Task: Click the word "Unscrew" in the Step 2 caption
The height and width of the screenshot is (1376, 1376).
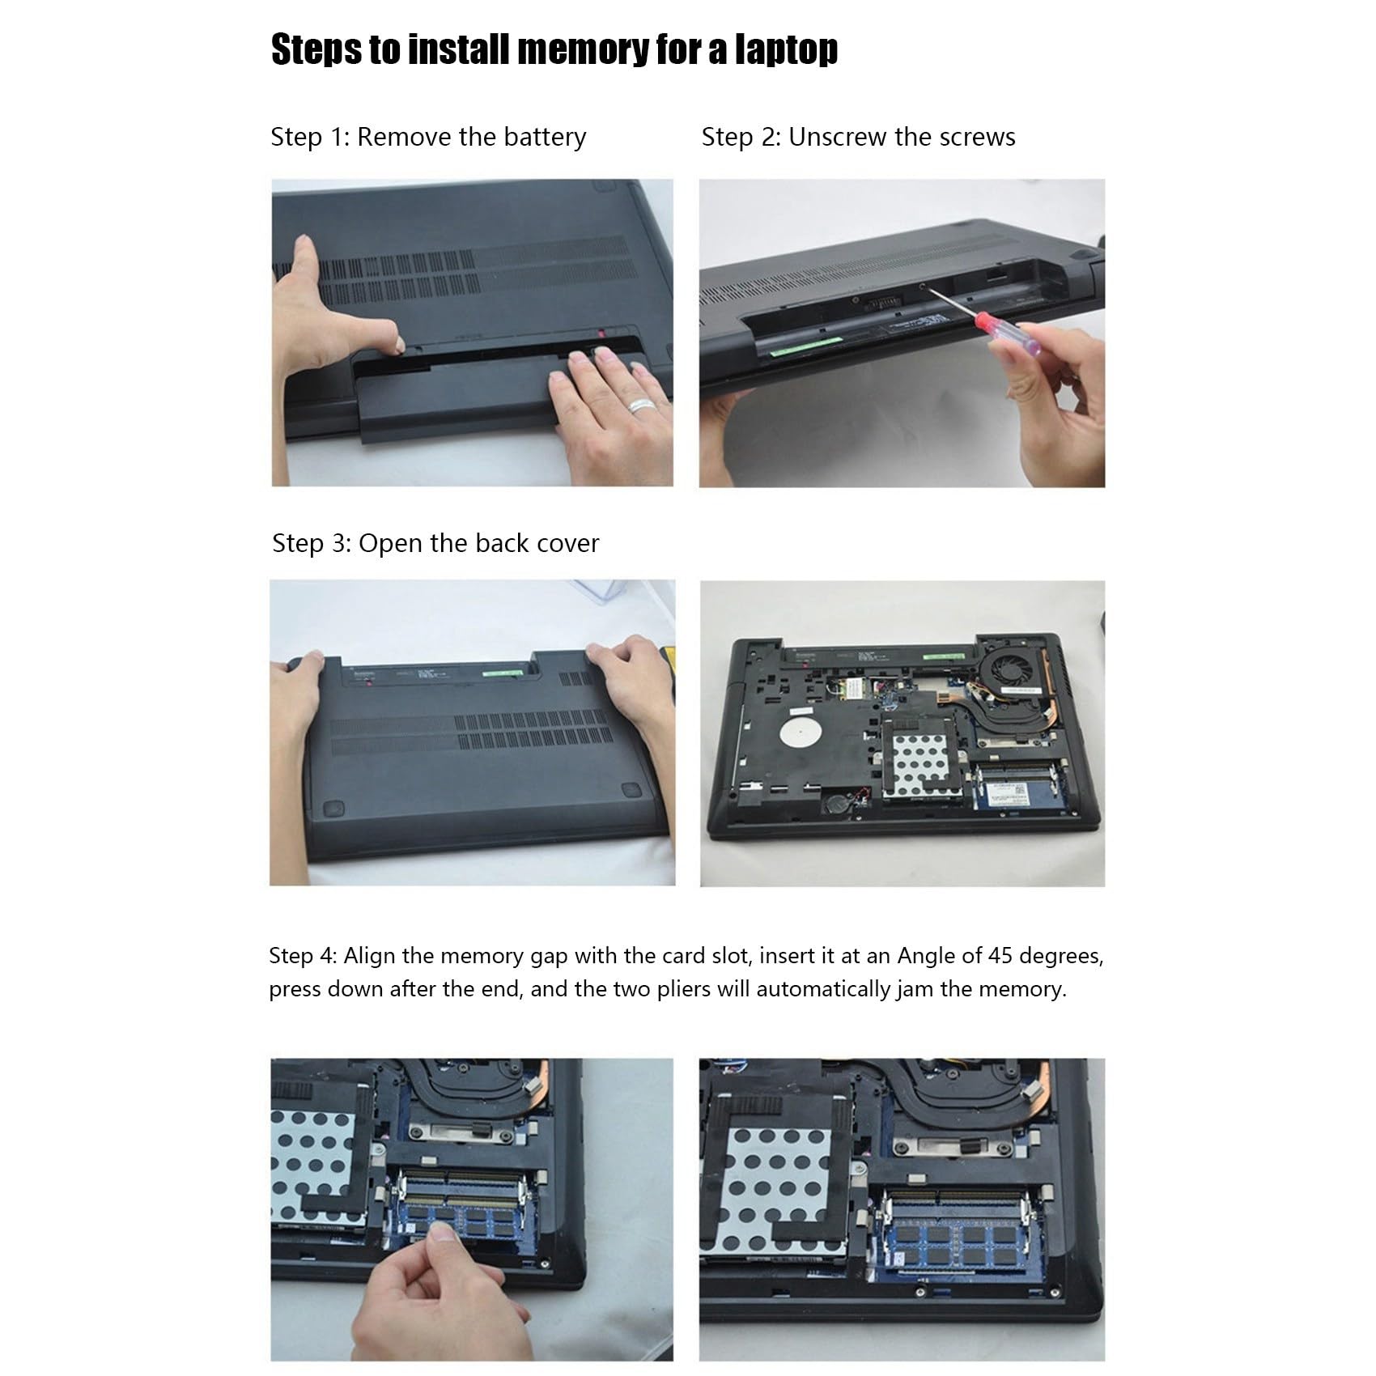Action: coord(838,137)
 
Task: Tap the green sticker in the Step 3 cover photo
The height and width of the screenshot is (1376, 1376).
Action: coord(495,671)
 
